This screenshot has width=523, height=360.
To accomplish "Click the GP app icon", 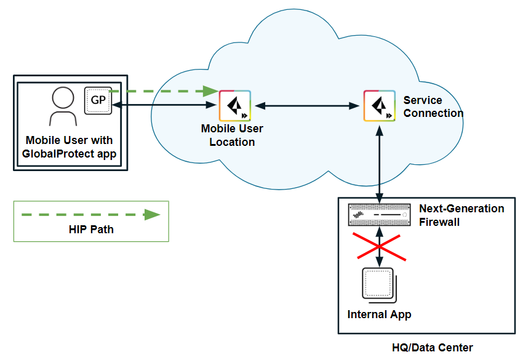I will pos(98,100).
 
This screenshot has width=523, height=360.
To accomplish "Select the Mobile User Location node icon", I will pos(234,106).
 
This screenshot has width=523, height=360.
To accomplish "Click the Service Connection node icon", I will pos(378,106).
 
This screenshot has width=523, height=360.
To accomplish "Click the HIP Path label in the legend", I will pos(91,230).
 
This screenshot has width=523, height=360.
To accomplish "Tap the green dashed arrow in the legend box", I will pos(90,215).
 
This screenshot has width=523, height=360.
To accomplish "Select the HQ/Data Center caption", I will pos(433,347).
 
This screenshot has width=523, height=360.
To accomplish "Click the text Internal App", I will pos(379,314).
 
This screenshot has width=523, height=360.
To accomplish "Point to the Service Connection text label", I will pos(433,106).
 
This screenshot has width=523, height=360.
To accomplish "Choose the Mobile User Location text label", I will pos(232,135).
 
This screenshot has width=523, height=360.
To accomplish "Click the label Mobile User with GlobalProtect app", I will pos(69,146).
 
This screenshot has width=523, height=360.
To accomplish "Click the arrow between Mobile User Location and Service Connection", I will pos(306,106).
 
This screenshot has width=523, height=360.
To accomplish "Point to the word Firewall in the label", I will pos(439,222).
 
